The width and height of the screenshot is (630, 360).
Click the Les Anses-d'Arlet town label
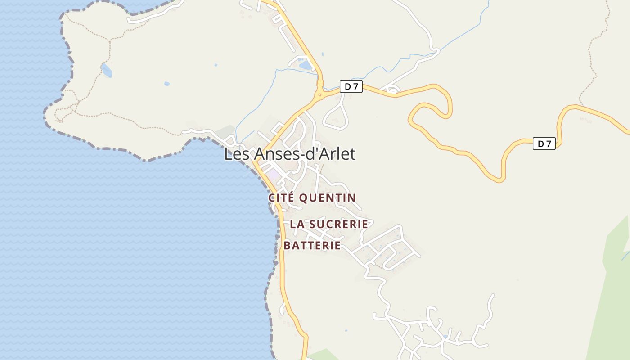point(290,154)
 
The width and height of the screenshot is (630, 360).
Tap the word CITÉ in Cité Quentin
point(282,198)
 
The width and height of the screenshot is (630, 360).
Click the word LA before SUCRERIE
point(296,224)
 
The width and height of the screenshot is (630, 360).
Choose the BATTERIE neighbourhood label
point(312,245)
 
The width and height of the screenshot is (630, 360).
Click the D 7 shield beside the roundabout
point(351,86)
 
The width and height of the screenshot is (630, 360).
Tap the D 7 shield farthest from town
point(544,144)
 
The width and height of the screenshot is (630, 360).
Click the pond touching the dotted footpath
point(107,70)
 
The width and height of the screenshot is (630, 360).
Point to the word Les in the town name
point(237,154)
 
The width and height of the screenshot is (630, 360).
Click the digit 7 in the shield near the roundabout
point(355,86)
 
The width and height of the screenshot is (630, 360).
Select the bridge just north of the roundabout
point(320,83)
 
